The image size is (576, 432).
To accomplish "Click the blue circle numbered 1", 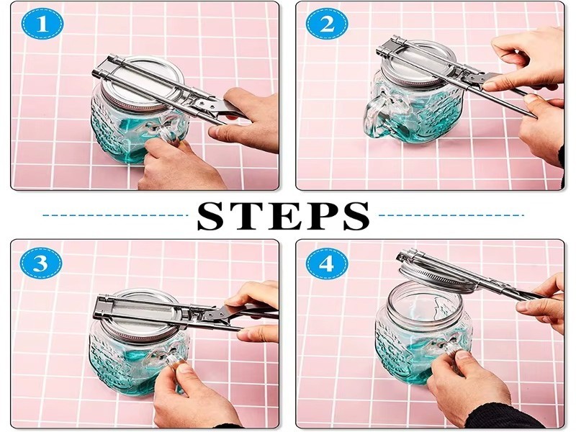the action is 42,23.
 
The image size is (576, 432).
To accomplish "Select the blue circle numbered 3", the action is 41,264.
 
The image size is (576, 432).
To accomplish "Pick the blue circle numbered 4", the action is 327,264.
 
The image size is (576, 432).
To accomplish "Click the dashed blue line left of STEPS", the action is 114,215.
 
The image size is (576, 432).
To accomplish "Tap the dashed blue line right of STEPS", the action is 451,215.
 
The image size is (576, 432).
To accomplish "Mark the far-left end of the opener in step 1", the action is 93,71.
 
